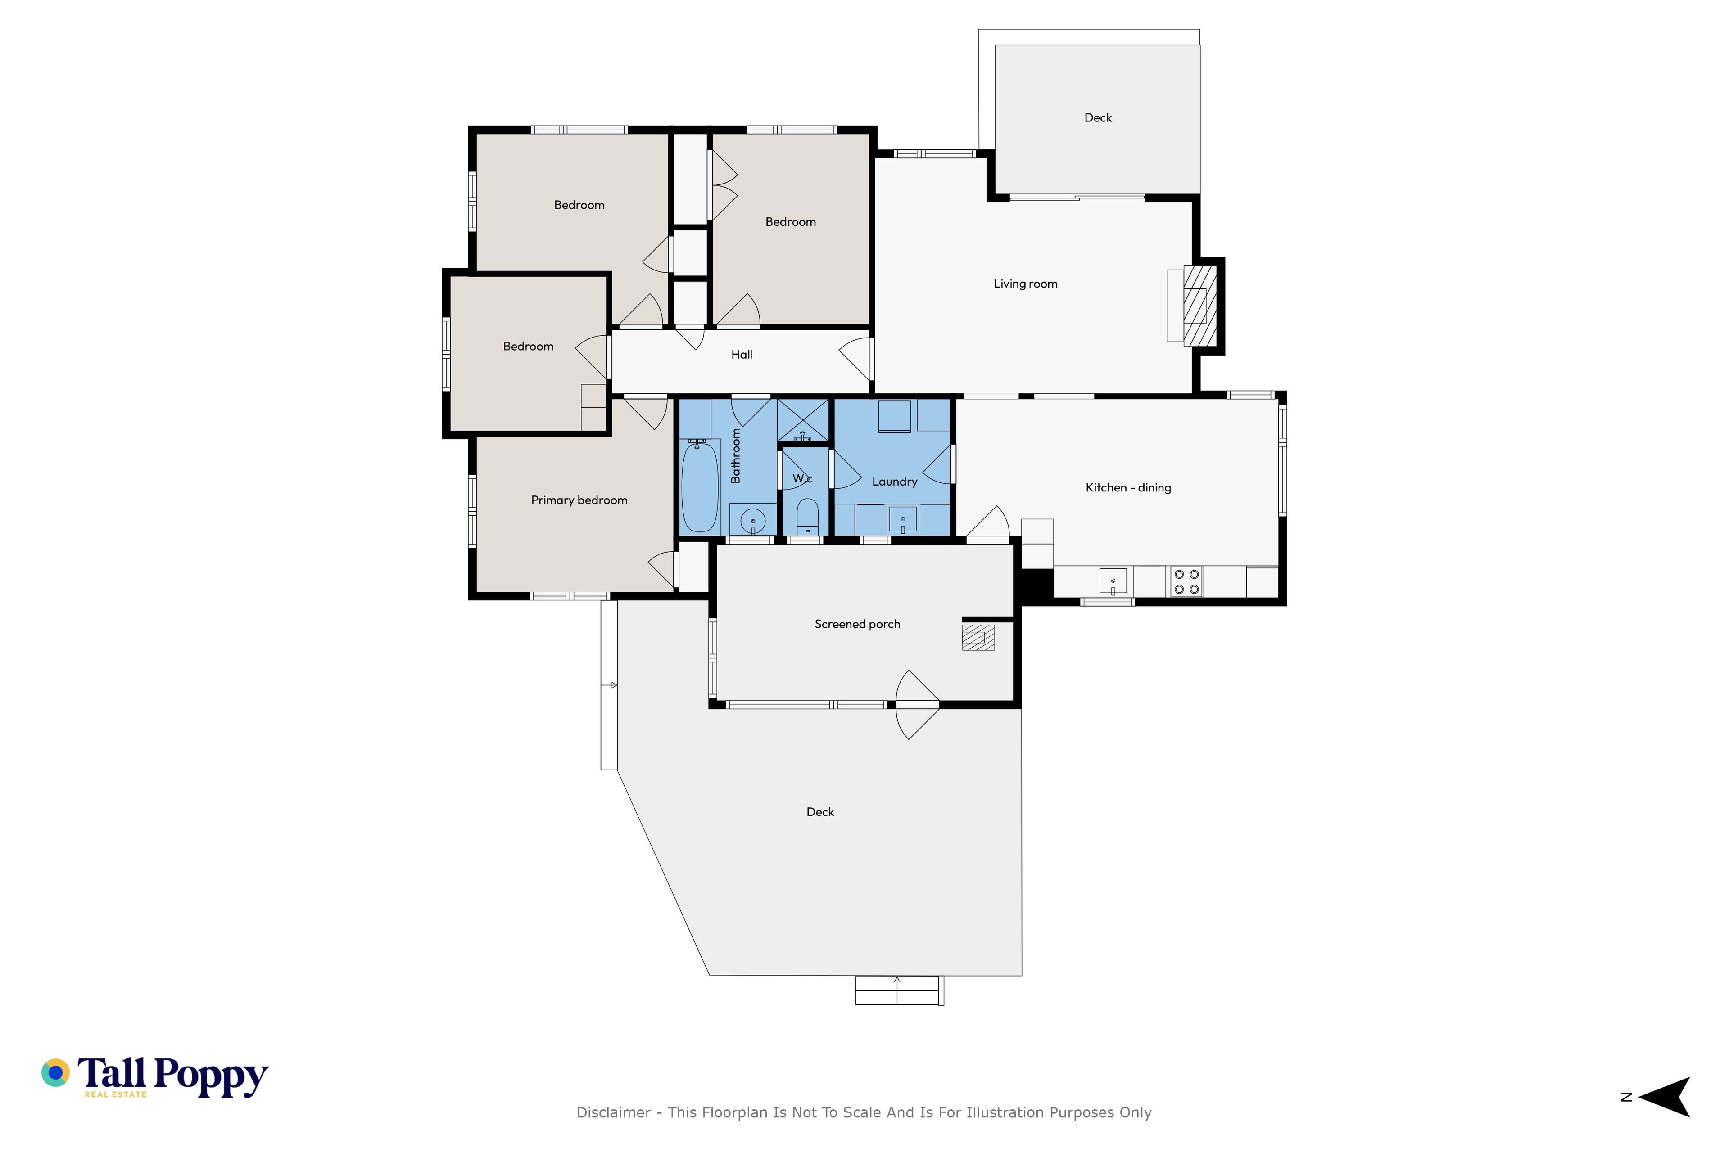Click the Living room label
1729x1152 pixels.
[x=1026, y=283]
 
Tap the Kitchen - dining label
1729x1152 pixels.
[x=1128, y=487]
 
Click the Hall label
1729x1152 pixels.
[x=742, y=354]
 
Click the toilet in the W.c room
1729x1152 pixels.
[x=807, y=517]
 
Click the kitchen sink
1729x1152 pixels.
[x=1113, y=581]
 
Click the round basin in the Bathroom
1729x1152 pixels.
[x=753, y=521]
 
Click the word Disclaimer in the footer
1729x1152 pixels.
[x=614, y=1112]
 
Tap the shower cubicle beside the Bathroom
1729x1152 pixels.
[x=803, y=420]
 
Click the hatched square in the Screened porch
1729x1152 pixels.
[x=978, y=637]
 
